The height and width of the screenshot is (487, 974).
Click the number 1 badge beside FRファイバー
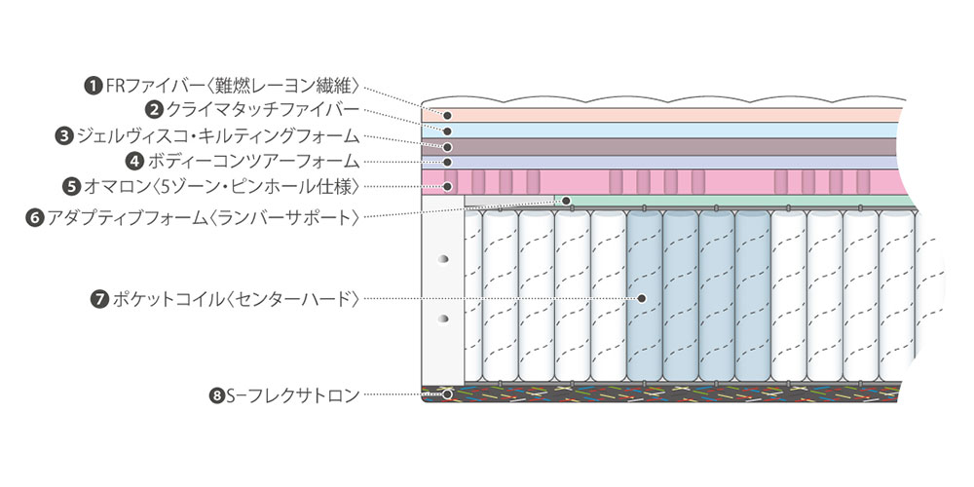tap(94, 86)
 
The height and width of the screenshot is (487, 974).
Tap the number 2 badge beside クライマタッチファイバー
tap(154, 110)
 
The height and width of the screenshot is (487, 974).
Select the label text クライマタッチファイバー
tap(263, 110)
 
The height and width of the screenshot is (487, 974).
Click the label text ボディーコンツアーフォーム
tap(254, 160)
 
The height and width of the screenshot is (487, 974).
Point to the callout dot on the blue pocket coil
tap(642, 298)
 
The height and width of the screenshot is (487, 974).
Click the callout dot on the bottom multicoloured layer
tap(447, 394)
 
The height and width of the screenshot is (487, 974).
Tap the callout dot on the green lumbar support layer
tap(566, 201)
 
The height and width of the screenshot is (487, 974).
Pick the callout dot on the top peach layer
tap(446, 114)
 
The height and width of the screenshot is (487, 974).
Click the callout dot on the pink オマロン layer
tap(447, 185)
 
